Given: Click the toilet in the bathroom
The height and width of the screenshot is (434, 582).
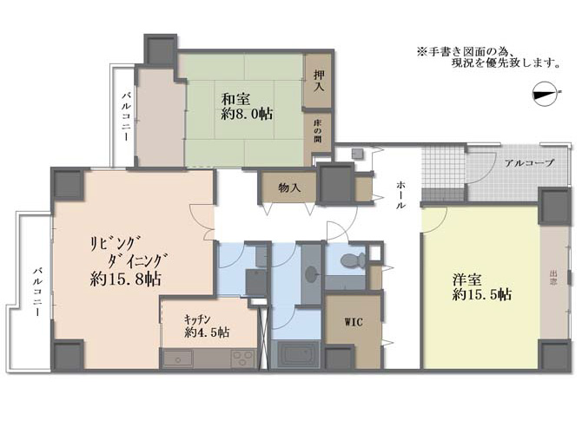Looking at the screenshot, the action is pyautogui.click(x=353, y=260).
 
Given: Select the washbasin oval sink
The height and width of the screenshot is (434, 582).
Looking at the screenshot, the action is pyautogui.click(x=310, y=274).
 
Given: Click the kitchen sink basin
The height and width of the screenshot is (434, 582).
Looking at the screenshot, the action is pyautogui.click(x=178, y=359).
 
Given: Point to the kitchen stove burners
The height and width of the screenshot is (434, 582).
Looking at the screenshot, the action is pyautogui.click(x=243, y=358).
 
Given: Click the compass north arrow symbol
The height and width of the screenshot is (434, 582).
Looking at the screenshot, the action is pyautogui.click(x=546, y=94).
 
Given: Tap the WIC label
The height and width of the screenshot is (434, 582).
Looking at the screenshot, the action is pyautogui.click(x=354, y=322).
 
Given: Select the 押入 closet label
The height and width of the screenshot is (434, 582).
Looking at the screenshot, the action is pyautogui.click(x=319, y=82).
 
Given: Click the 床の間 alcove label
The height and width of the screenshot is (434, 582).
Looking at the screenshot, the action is pyautogui.click(x=318, y=131).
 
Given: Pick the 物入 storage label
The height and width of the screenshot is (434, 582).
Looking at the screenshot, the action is pyautogui.click(x=289, y=188).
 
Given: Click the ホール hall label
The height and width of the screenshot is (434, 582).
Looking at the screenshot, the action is pyautogui.click(x=400, y=195).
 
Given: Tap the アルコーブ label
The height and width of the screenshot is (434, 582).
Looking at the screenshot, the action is pyautogui.click(x=530, y=163).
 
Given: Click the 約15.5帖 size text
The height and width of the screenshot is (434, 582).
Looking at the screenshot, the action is pyautogui.click(x=482, y=294).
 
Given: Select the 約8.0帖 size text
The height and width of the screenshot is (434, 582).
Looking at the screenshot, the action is pyautogui.click(x=247, y=114).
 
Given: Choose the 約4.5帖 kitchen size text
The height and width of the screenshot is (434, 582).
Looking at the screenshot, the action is pyautogui.click(x=207, y=332).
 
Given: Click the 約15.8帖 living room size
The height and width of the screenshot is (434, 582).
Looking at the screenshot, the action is pyautogui.click(x=125, y=279).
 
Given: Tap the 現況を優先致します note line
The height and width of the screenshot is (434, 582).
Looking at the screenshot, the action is pyautogui.click(x=506, y=63).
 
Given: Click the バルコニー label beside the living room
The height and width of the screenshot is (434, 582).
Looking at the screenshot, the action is pyautogui.click(x=36, y=292).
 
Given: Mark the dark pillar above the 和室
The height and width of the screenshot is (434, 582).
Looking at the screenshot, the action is pyautogui.click(x=161, y=49).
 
